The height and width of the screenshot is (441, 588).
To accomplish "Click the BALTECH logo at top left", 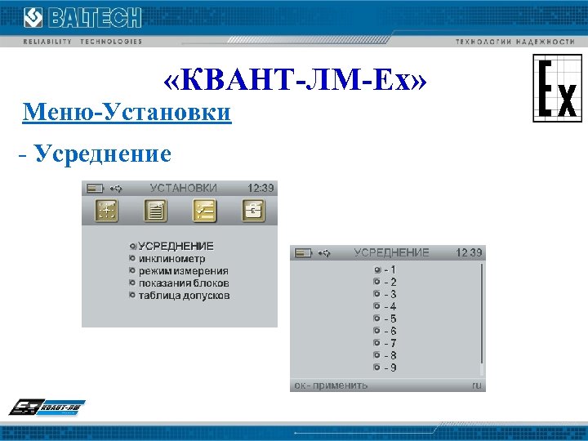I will pyautogui.click(x=82, y=18).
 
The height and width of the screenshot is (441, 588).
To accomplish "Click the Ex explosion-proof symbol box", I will pyautogui.click(x=558, y=88).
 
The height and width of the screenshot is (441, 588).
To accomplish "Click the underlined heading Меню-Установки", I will pyautogui.click(x=127, y=112).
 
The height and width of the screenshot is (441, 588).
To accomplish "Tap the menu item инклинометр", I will pyautogui.click(x=171, y=258).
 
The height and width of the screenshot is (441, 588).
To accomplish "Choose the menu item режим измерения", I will pyautogui.click(x=183, y=270).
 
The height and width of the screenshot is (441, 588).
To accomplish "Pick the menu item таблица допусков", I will pyautogui.click(x=184, y=295).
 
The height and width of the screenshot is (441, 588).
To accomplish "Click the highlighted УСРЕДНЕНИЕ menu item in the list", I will pyautogui.click(x=176, y=246).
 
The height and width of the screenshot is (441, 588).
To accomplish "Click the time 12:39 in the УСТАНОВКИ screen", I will pyautogui.click(x=261, y=188).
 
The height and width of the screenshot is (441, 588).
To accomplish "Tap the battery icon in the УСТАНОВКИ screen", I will pyautogui.click(x=95, y=188).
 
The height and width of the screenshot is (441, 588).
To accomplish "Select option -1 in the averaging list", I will pyautogui.click(x=390, y=269).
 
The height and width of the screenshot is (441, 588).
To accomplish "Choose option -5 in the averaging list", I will pyautogui.click(x=390, y=318).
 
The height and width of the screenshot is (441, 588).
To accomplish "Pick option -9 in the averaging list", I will pyautogui.click(x=390, y=367).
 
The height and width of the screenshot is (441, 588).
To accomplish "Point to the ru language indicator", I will pyautogui.click(x=476, y=385).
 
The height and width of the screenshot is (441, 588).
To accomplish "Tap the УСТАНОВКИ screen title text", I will pyautogui.click(x=183, y=188).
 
